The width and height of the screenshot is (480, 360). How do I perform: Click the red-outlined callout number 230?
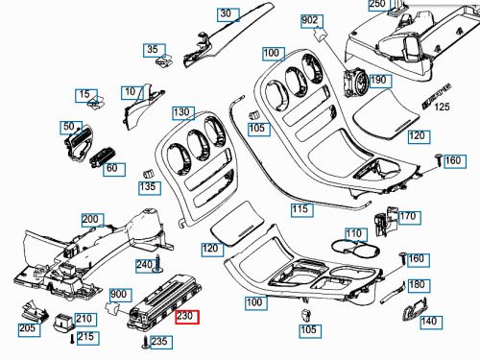pyautogui.click(x=186, y=314)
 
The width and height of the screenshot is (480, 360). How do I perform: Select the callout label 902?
pyautogui.click(x=310, y=20)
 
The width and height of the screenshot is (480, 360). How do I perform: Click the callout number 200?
pyautogui.click(x=90, y=220)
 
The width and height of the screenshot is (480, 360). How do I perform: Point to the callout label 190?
pyautogui.click(x=378, y=80)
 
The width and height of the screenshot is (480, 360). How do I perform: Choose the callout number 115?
pyautogui.click(x=300, y=208)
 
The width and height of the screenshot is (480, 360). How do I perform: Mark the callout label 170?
pyautogui.click(x=408, y=216)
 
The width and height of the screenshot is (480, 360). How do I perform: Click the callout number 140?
pyautogui.click(x=429, y=321)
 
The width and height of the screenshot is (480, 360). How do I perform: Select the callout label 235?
pyautogui.click(x=160, y=341)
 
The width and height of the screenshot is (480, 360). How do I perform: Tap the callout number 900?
pyautogui.click(x=119, y=294)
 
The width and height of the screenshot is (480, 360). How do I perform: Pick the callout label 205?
pyautogui.click(x=28, y=328)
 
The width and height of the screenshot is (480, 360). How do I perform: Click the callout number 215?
pyautogui.click(x=84, y=337)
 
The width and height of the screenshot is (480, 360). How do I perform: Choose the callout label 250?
pyautogui.click(x=378, y=5)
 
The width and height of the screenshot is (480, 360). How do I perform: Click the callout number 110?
pyautogui.click(x=354, y=233)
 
